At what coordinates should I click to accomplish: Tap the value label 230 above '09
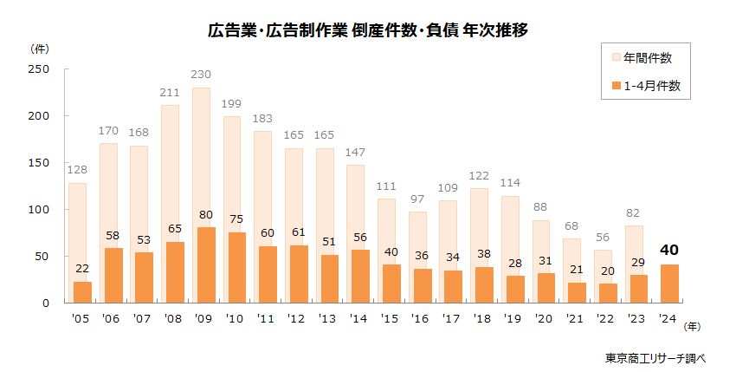[201, 76]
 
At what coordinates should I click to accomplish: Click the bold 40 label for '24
[669, 251]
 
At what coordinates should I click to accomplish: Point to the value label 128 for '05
[76, 171]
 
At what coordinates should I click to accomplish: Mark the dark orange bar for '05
[83, 292]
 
